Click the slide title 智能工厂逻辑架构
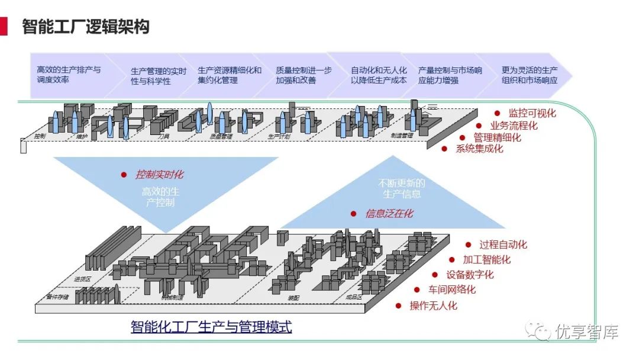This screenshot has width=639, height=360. coord(85,27)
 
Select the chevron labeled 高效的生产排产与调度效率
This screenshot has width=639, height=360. coord(68,75)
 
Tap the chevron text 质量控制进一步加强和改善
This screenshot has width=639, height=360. coord(304,75)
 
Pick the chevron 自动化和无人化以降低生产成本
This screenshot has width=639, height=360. coord(379,75)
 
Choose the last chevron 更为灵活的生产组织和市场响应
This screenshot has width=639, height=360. coord(529,75)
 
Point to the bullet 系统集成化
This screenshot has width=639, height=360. coord(479,149)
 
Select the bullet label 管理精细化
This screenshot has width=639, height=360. coord(497,137)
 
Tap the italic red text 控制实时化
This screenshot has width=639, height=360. coord(159,175)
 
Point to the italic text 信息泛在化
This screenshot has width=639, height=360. coord(389,214)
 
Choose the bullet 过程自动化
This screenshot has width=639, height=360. coord(503,245)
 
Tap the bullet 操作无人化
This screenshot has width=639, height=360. coord(433,306)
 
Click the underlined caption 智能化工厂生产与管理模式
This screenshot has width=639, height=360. coord(211,327)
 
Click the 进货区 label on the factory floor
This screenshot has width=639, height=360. coord(82,278)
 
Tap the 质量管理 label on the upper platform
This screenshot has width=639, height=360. coord(221,136)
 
